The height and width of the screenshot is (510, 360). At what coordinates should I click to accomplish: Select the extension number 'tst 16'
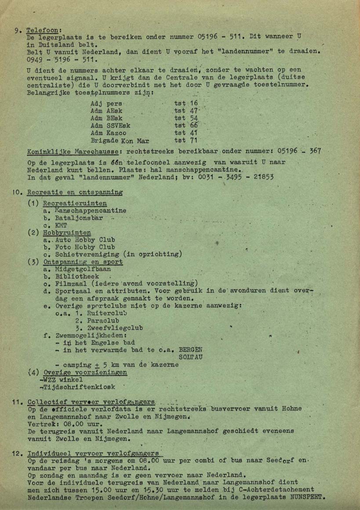(186, 103)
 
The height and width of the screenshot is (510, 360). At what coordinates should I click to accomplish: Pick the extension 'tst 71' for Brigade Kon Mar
(186, 141)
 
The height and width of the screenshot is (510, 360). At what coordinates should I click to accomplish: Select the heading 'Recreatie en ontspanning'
(75, 192)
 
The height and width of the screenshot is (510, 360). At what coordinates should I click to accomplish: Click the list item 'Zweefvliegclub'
(115, 328)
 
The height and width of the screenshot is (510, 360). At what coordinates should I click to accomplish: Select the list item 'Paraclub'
(104, 321)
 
